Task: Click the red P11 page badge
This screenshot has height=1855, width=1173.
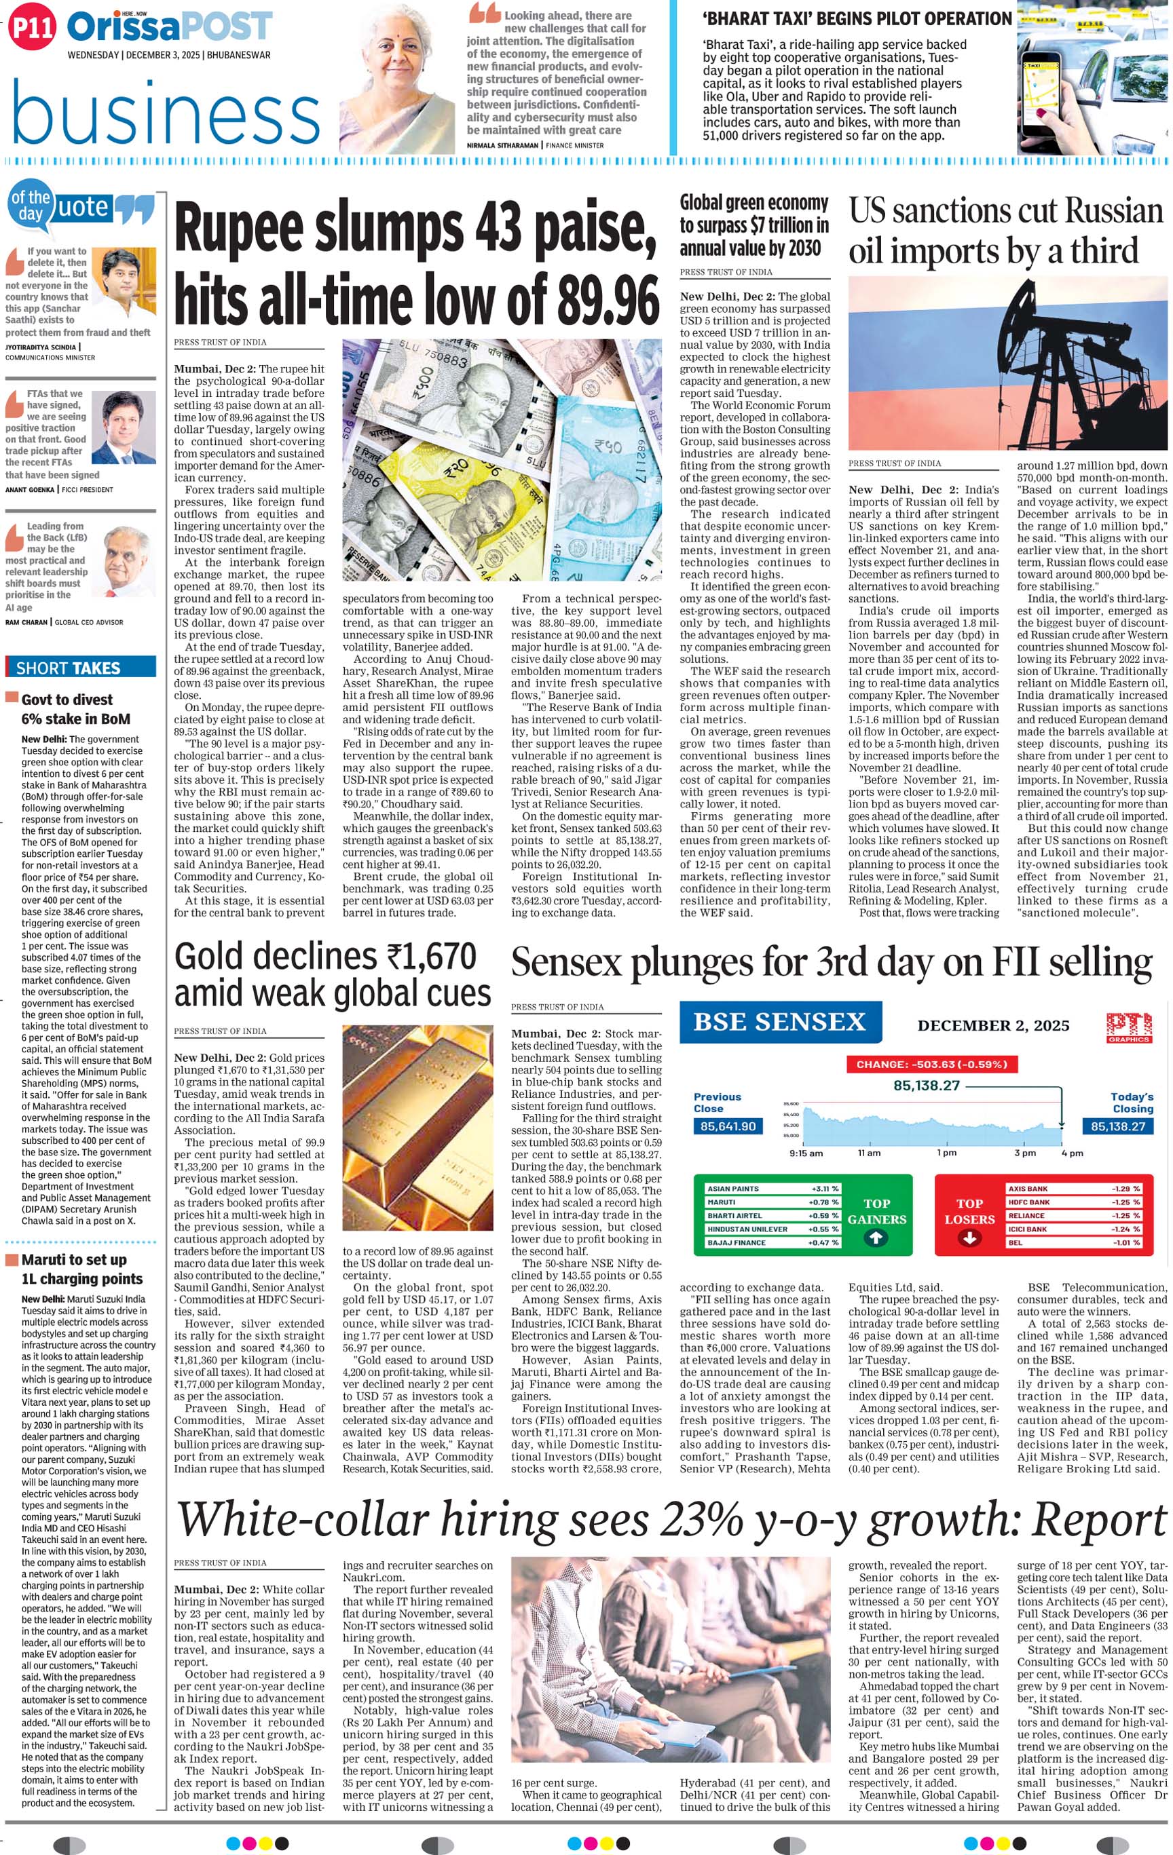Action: (33, 28)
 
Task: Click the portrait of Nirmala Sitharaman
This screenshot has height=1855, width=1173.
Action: (398, 78)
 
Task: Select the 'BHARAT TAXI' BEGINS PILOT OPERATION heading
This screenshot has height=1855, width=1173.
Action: (856, 19)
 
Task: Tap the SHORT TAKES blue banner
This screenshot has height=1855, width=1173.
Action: (80, 668)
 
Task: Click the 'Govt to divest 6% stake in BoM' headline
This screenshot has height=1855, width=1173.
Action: (67, 709)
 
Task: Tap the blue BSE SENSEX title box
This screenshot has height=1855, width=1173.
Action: (779, 1022)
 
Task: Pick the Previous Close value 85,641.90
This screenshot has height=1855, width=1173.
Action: (728, 1126)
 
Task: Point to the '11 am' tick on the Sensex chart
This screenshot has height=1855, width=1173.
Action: (869, 1153)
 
